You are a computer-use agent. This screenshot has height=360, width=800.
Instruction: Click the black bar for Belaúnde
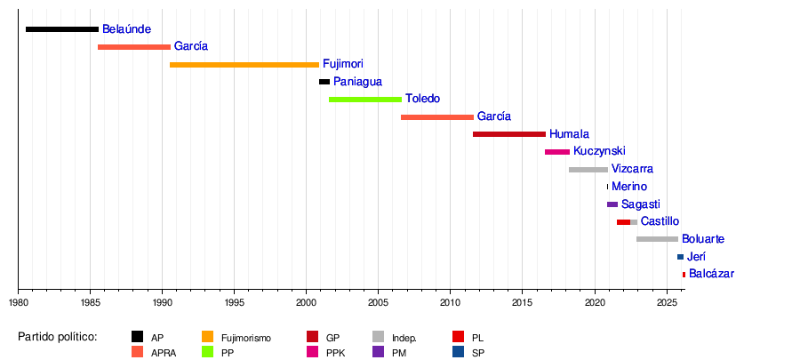pos(62,29)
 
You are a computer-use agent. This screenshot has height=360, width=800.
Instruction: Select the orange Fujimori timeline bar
pos(244,65)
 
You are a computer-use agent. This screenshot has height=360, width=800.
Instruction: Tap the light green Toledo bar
pos(364,100)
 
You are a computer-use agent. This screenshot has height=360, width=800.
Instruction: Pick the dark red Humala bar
pos(509,134)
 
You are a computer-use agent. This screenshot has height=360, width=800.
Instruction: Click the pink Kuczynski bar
pos(557,152)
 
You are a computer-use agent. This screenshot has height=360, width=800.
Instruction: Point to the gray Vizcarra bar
pos(588,169)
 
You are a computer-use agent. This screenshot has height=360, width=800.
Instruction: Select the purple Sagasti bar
pos(612,204)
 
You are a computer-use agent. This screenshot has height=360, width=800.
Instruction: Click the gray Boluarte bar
pos(657,239)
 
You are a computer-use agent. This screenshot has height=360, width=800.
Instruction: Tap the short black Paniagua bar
pos(324,82)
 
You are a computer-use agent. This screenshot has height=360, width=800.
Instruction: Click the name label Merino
pos(629,187)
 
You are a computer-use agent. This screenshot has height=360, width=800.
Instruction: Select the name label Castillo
pos(660,221)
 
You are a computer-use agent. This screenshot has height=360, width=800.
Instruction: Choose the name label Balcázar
pos(711,274)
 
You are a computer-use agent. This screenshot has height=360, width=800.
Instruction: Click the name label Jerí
pos(697,257)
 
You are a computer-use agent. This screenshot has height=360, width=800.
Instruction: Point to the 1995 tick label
pos(234,303)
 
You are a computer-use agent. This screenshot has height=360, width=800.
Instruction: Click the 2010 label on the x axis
pos(451,303)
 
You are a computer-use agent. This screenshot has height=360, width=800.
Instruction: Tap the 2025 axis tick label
pos(667,303)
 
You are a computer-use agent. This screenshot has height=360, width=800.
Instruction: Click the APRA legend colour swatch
pos(138,352)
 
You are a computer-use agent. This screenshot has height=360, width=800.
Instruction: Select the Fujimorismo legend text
pos(246,339)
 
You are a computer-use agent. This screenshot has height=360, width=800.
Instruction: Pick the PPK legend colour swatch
pos(313,352)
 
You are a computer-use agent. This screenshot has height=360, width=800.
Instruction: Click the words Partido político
pos(58,337)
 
